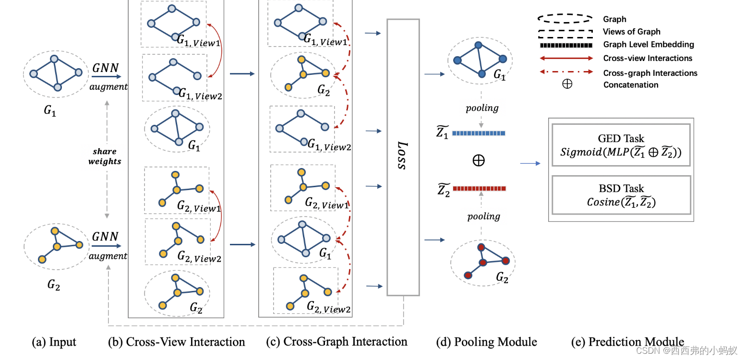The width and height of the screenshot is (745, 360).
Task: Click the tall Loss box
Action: click(x=403, y=157)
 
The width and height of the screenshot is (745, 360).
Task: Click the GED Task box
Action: click(x=621, y=145)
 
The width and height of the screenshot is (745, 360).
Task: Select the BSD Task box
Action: click(x=621, y=194)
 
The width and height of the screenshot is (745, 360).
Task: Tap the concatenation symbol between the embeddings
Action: click(x=479, y=160)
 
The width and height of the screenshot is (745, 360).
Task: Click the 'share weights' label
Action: click(x=105, y=156)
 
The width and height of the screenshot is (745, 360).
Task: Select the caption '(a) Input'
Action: click(x=54, y=342)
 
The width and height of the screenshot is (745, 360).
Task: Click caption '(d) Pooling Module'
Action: click(x=486, y=342)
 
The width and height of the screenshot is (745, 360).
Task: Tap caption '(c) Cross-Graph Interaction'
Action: click(x=337, y=342)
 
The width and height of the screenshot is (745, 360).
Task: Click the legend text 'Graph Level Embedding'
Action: click(x=648, y=45)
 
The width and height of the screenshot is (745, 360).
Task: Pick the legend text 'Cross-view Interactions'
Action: click(x=648, y=58)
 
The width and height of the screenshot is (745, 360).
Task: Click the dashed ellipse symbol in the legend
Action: click(x=565, y=18)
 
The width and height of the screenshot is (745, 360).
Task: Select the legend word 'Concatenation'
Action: click(x=631, y=85)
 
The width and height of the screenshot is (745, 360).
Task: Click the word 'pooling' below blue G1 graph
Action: click(x=482, y=108)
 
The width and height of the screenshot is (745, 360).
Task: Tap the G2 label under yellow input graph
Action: click(x=53, y=284)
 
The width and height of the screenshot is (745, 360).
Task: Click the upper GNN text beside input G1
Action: click(x=105, y=68)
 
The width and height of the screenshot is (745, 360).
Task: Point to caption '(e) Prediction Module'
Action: click(x=627, y=342)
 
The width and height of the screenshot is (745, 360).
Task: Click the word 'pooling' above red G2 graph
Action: click(x=483, y=216)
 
